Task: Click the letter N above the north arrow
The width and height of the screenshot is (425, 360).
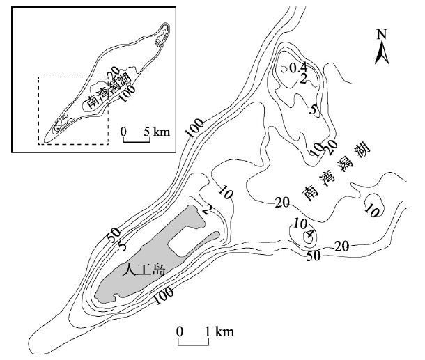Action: coord(382,34)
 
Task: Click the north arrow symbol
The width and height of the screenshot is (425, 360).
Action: coord(382,52)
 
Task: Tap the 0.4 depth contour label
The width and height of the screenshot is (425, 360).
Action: coord(298,68)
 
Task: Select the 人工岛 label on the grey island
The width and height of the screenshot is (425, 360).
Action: coord(143,270)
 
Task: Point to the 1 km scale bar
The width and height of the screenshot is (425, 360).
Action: coord(193,342)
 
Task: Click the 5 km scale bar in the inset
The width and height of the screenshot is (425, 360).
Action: coord(137,139)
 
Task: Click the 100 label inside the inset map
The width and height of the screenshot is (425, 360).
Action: coord(127,94)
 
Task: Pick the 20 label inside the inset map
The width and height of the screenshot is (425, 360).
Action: coord(112,72)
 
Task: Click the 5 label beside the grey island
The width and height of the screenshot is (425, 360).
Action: coord(122,246)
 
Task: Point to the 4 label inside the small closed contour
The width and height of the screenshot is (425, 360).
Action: coord(309,233)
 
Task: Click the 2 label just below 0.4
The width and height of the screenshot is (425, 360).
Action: coord(303,79)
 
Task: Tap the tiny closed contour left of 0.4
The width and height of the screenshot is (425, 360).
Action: coord(284,69)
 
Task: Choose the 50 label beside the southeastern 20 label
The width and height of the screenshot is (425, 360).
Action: coord(314,256)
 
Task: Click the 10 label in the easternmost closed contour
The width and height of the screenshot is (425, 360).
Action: coord(372,211)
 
